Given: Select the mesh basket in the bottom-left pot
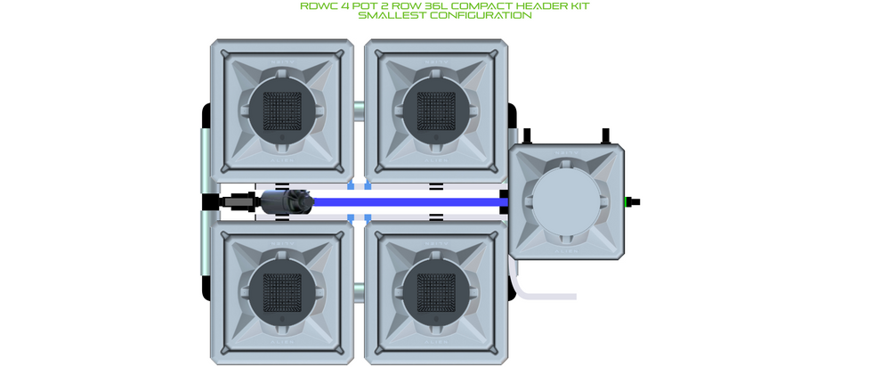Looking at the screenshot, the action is pyautogui.click(x=282, y=293).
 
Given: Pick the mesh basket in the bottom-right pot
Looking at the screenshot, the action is pyautogui.click(x=436, y=293).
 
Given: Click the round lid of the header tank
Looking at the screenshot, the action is pyautogui.click(x=566, y=201).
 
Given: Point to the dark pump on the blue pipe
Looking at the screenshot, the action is pyautogui.click(x=287, y=201).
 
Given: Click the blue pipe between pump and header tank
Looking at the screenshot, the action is pyautogui.click(x=407, y=201).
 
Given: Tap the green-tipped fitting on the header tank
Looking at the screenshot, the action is pyautogui.click(x=632, y=201).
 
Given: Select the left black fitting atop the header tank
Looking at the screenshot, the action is pyautogui.click(x=527, y=136).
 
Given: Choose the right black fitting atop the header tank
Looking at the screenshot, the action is pyautogui.click(x=605, y=136).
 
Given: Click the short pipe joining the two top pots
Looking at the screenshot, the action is pyautogui.click(x=359, y=110).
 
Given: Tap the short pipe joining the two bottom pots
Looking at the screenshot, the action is pyautogui.click(x=359, y=293).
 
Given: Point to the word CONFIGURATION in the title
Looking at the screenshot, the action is pyautogui.click(x=481, y=15).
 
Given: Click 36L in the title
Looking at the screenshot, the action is pyautogui.click(x=435, y=6).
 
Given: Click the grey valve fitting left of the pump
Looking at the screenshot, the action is pyautogui.click(x=239, y=201).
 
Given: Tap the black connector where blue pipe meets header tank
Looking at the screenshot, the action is pyautogui.click(x=504, y=201).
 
